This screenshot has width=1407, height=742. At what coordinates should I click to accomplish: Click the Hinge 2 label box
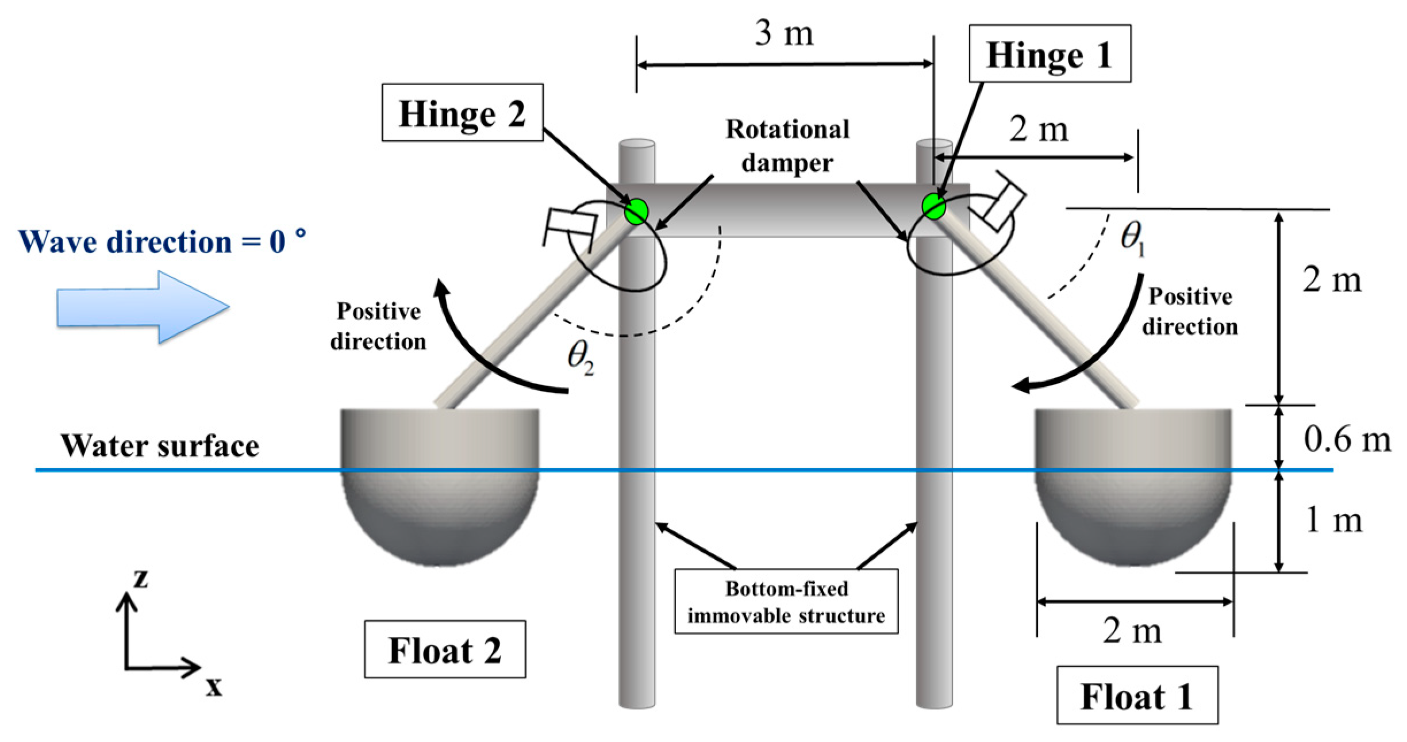pyautogui.click(x=462, y=113)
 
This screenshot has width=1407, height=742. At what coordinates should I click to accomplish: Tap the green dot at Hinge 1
pyautogui.click(x=933, y=206)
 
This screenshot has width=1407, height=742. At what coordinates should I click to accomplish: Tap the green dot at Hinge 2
pyautogui.click(x=636, y=211)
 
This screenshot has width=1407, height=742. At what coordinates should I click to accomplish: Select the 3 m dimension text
pyautogui.click(x=784, y=34)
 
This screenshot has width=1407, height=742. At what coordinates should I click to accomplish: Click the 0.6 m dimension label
pyautogui.click(x=1347, y=440)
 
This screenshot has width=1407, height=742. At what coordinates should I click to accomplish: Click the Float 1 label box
pyautogui.click(x=1136, y=697)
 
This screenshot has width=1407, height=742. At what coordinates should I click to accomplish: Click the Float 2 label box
pyautogui.click(x=445, y=650)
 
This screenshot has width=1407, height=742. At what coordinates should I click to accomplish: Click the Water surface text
pyautogui.click(x=160, y=446)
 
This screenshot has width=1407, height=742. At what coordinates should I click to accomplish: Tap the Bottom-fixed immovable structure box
pyautogui.click(x=786, y=602)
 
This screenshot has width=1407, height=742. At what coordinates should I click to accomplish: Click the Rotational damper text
pyautogui.click(x=787, y=146)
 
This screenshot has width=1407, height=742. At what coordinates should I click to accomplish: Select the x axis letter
pyautogui.click(x=214, y=686)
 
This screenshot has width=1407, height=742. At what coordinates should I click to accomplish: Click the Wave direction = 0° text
pyautogui.click(x=162, y=241)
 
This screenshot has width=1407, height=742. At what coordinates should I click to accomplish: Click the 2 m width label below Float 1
pyautogui.click(x=1131, y=632)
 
